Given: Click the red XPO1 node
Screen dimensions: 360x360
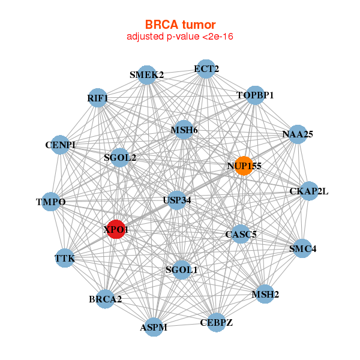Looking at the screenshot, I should coord(116,229).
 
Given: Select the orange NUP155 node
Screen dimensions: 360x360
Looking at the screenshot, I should coord(243,166).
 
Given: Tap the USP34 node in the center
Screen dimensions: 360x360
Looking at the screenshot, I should coord(176,200).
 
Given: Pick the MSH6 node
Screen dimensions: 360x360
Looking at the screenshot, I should coord(184,130).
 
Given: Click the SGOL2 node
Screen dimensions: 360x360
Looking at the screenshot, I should coord(119,158).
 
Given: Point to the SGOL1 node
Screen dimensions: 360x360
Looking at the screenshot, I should coord(181,269).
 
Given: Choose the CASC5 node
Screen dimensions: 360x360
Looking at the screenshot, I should coord(240,234).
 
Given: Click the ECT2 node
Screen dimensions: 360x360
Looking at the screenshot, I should coord(206,69).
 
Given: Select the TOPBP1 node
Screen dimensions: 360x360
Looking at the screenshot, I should coord(255,95).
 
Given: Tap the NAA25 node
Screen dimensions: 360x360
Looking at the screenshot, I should coord(298,134).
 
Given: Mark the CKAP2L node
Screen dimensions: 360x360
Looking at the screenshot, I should coord(309,191).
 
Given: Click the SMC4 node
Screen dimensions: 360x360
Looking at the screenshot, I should coord(302,248).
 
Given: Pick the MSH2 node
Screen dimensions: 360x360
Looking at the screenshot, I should coord(265,294).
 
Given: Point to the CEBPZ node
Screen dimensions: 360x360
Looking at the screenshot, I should coord(216,322).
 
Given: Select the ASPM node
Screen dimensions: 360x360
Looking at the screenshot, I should coord(154,327).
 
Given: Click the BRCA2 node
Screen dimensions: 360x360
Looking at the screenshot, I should coord(105,299).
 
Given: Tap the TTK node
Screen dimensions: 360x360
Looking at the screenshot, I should coord(64,259).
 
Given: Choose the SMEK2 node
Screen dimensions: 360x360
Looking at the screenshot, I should coord(147,75).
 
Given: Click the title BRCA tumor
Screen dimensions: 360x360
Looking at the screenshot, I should coord(180,25).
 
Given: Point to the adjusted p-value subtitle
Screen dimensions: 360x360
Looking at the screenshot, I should coord(180,37).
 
